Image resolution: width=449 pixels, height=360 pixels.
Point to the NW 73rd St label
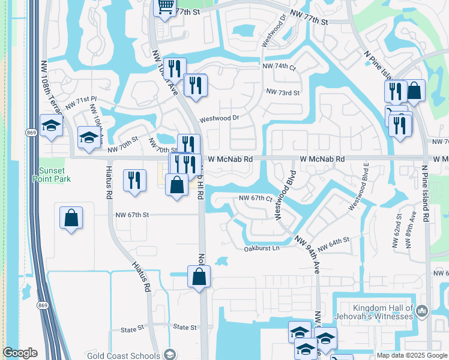[x=282, y=92]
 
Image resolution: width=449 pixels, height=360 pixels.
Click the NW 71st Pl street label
[x=81, y=103]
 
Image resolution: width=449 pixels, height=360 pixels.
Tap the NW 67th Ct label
[x=256, y=198]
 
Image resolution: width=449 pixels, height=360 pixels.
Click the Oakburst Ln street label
[x=262, y=248]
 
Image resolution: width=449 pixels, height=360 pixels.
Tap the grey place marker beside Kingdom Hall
[x=422, y=311]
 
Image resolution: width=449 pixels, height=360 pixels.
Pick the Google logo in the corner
[x=20, y=353]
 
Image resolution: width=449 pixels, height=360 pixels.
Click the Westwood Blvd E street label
[x=359, y=195]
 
